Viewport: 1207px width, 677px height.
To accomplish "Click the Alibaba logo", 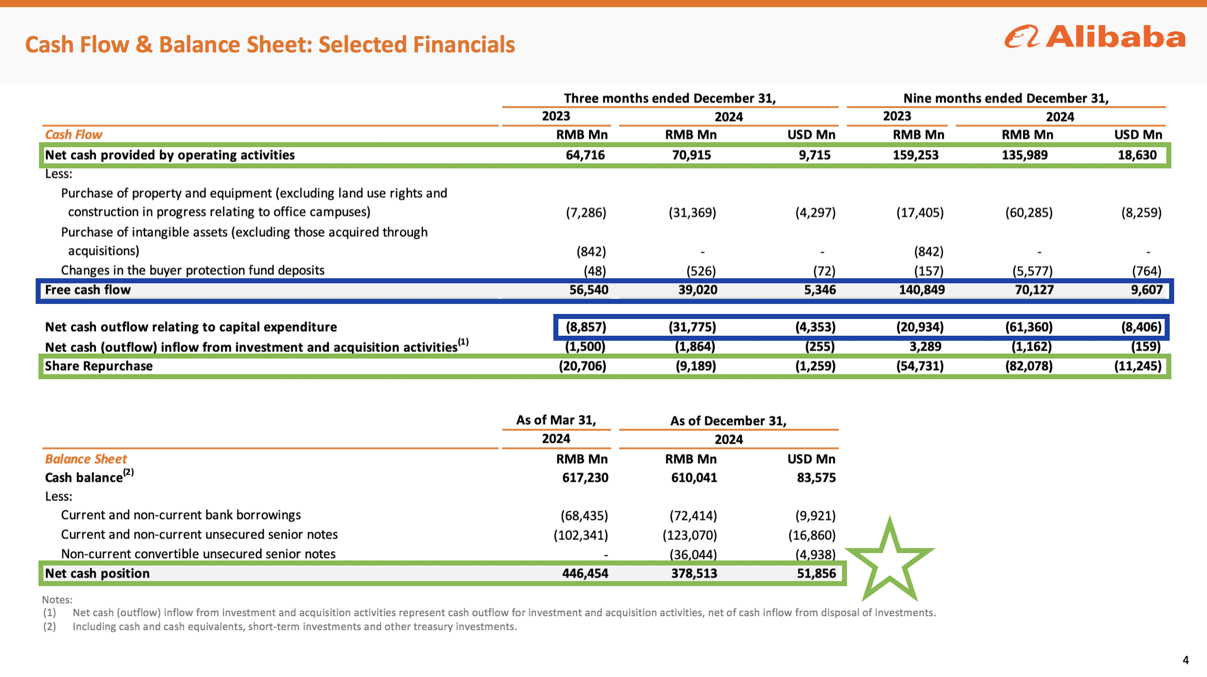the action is [1095, 37].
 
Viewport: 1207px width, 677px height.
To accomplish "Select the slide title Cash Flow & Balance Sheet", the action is [270, 45].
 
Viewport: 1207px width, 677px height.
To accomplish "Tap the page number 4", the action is [1186, 660].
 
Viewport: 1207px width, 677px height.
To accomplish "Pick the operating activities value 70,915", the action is [692, 155].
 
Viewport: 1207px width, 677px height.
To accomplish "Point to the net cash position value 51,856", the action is [816, 573].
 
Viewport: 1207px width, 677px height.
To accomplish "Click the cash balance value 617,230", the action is [585, 478].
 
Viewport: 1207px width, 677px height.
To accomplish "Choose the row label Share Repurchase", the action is [99, 366].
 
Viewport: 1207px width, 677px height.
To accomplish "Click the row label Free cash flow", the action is [88, 290].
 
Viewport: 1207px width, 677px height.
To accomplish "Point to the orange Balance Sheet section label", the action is [86, 459].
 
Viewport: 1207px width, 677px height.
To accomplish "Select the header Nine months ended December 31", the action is [1006, 99].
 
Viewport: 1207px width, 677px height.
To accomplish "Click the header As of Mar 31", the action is [556, 420].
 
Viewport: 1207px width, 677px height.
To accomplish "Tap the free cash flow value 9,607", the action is [1147, 290].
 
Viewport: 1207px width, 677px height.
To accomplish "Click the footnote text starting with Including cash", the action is [295, 627].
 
